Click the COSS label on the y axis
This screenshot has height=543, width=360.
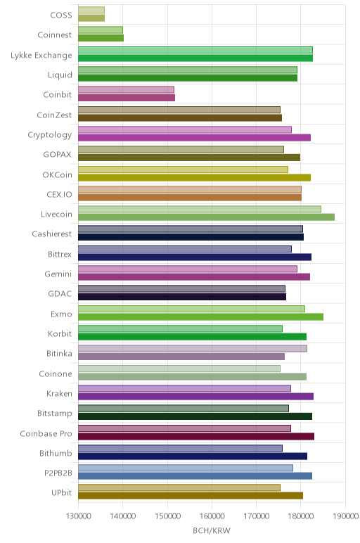pos(61,15)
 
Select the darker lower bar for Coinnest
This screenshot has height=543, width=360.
pos(101,38)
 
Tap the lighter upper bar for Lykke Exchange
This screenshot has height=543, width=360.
pos(195,50)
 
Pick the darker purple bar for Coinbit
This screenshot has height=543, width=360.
pos(127,98)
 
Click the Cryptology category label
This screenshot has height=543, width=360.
pos(50,135)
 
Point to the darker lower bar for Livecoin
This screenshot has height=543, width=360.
pos(206,217)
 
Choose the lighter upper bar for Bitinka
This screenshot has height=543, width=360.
pos(193,348)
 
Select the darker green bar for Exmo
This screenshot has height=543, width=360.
pos(201,317)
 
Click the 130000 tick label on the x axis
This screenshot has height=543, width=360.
pos(78,516)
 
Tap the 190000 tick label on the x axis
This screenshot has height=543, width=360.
pos(345,516)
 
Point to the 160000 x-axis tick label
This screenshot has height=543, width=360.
pos(212,516)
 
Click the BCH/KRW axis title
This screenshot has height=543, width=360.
pos(212,530)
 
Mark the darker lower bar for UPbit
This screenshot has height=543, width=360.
pos(191,496)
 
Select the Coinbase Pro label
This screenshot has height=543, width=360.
pos(46,433)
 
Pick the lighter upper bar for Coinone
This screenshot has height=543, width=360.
pos(179,369)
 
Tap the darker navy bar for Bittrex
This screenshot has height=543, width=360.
pos(195,257)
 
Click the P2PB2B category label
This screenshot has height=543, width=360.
pos(58,473)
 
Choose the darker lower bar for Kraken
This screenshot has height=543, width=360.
pos(195,397)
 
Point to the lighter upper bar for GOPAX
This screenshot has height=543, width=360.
pos(181,149)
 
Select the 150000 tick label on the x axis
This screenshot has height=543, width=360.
pos(167,516)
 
